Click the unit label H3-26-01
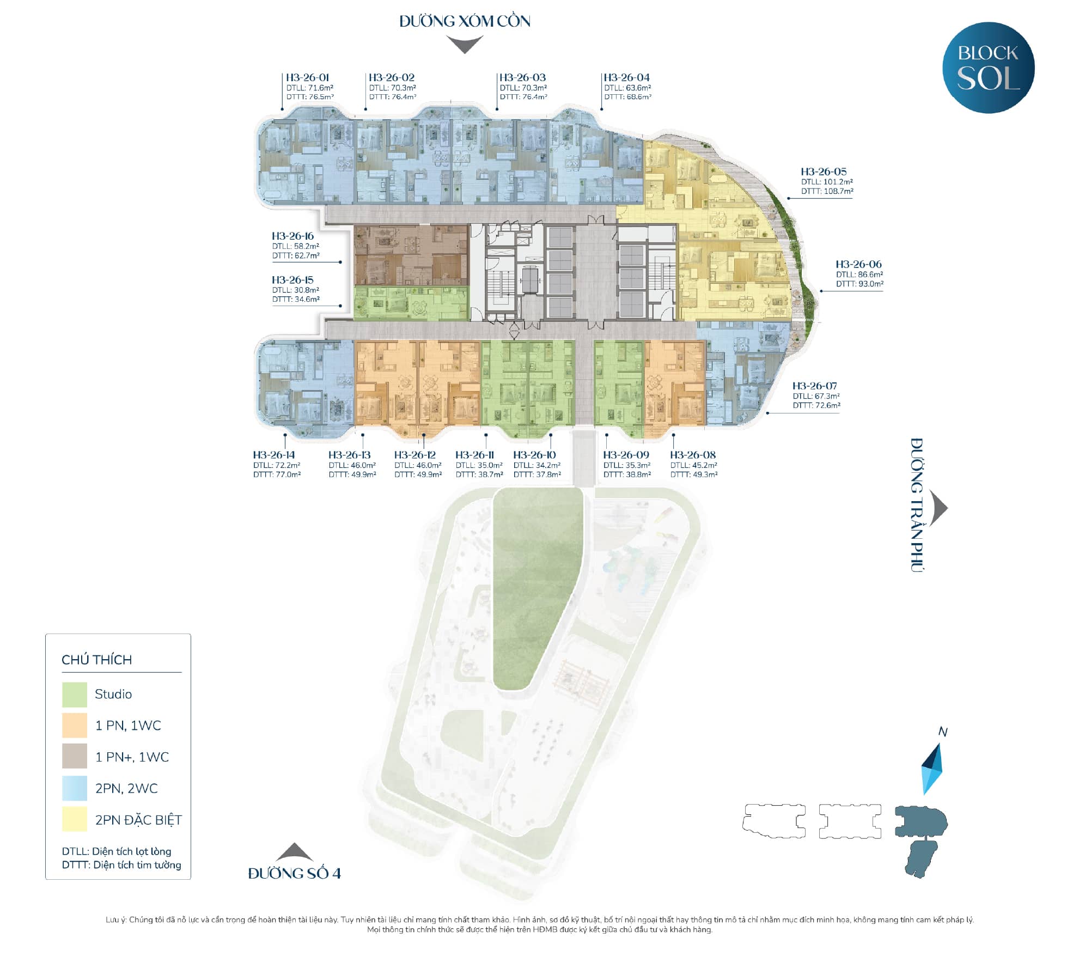click(x=308, y=77)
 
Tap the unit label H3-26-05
click(x=824, y=172)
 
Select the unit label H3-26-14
click(x=274, y=455)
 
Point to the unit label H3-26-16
click(x=293, y=236)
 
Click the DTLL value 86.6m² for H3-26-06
click(x=859, y=275)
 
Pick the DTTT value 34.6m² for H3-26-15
click(x=296, y=299)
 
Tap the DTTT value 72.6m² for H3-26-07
click(x=816, y=405)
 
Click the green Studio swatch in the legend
click(x=75, y=695)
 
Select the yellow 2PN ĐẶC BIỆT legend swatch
click(x=75, y=819)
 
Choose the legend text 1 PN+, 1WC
click(x=132, y=757)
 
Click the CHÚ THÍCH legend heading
click(x=97, y=660)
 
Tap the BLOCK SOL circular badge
click(x=988, y=68)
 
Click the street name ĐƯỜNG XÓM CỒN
click(x=465, y=21)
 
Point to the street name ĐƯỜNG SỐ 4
click(x=294, y=873)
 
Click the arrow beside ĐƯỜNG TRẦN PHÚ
click(x=938, y=508)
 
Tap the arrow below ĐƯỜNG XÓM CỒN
click(x=465, y=44)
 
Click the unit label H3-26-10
click(x=534, y=455)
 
